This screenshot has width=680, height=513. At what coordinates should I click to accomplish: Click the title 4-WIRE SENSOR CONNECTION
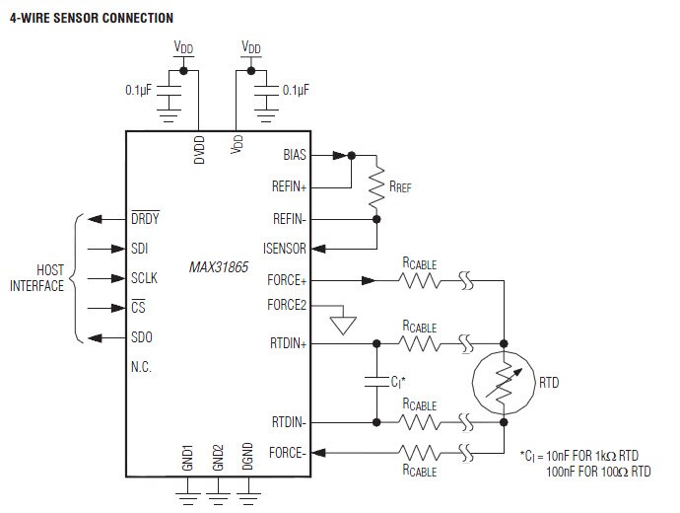pyautogui.click(x=92, y=18)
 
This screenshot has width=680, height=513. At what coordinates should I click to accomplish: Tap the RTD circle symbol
pyautogui.click(x=503, y=381)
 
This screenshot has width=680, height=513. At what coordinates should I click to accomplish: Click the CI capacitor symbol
pyautogui.click(x=375, y=379)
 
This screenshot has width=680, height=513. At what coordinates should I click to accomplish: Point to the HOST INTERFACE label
pyautogui.click(x=36, y=278)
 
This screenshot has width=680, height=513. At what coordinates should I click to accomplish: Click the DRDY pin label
pyautogui.click(x=145, y=219)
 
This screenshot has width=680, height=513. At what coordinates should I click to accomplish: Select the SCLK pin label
pyautogui.click(x=144, y=278)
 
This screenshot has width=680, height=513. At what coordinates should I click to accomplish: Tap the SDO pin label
pyautogui.click(x=142, y=337)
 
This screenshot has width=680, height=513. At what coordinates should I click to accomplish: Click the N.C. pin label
pyautogui.click(x=141, y=367)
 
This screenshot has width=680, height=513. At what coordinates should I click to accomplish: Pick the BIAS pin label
pyautogui.click(x=294, y=156)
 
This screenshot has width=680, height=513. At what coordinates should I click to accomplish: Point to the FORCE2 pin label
pyautogui.click(x=287, y=305)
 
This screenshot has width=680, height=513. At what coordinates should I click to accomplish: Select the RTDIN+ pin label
pyautogui.click(x=289, y=343)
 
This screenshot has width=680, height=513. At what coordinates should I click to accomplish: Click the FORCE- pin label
pyautogui.click(x=288, y=453)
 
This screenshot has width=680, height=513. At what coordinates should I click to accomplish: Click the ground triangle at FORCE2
pyautogui.click(x=341, y=326)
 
